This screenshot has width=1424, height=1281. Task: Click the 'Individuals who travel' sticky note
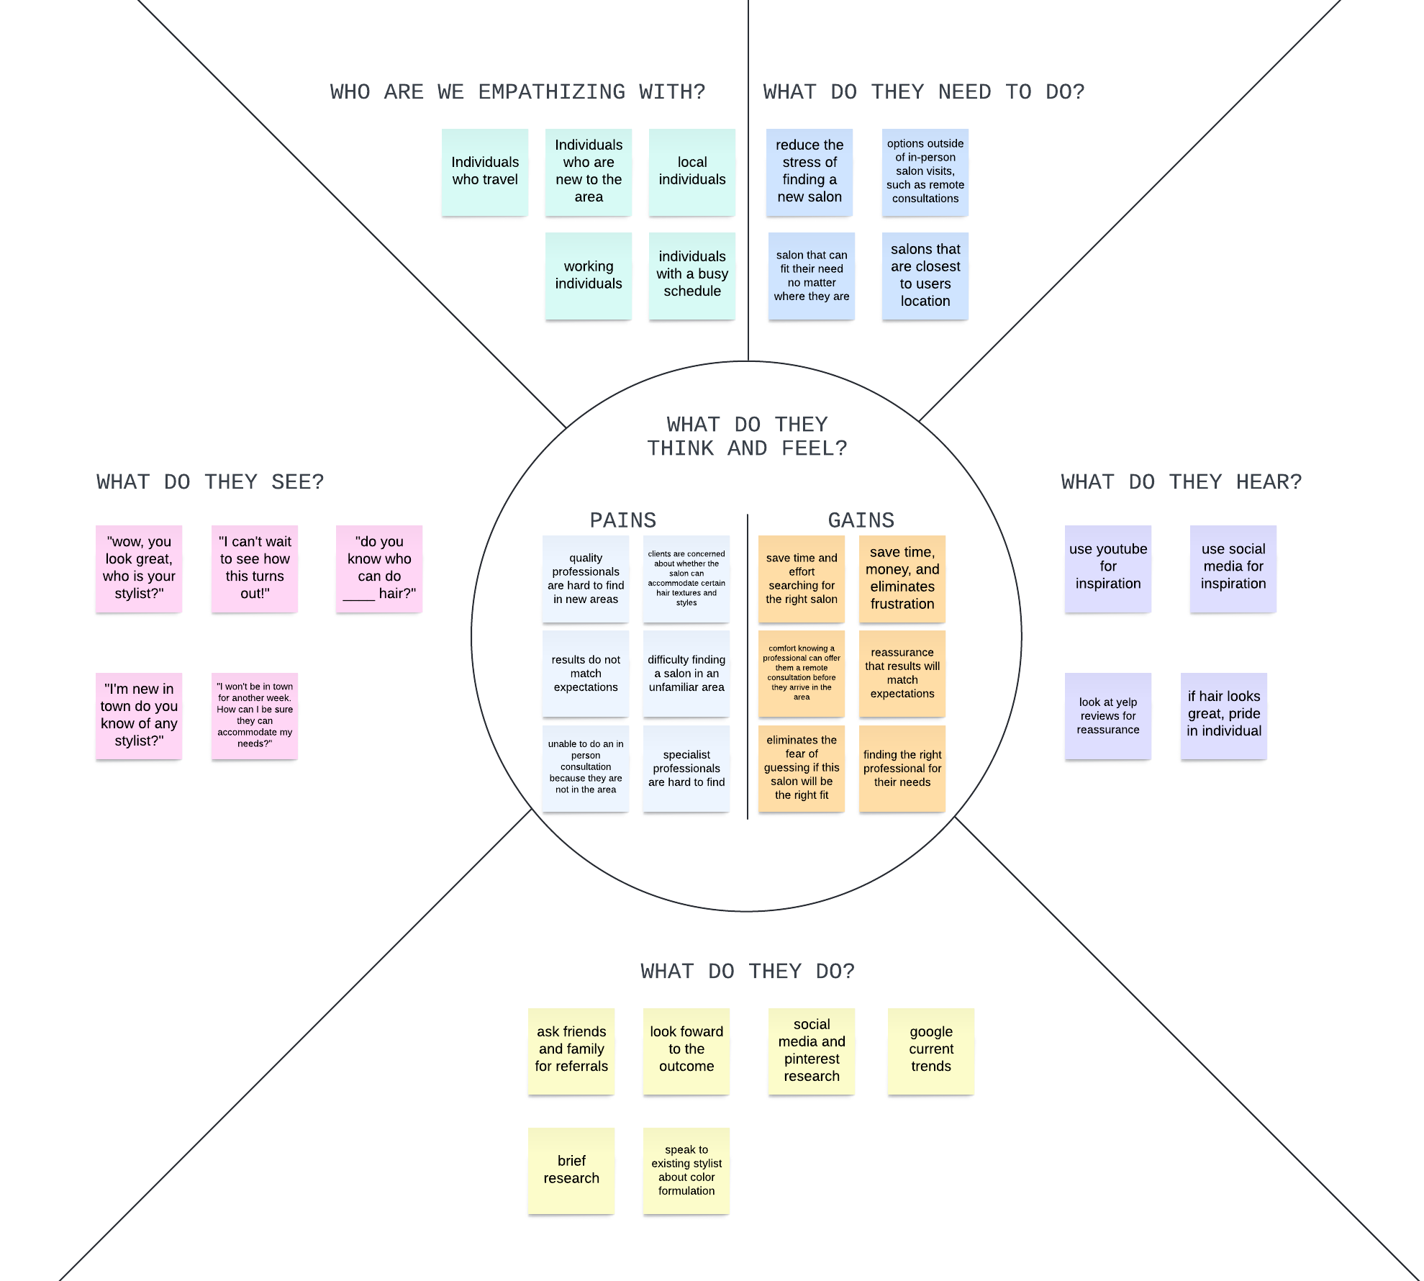484,171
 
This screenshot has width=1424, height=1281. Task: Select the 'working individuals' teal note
588,275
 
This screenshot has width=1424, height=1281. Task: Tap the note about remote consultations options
925,171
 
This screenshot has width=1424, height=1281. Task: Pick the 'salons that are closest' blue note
925,275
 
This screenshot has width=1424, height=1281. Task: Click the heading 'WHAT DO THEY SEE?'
210,481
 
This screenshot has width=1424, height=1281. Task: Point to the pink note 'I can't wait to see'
254,568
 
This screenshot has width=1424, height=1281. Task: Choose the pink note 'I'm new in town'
139,715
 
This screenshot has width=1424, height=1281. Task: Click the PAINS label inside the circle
622,520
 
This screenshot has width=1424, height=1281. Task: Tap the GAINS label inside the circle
861,520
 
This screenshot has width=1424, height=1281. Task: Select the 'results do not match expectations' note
585,673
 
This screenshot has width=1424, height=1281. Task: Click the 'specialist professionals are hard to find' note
686,768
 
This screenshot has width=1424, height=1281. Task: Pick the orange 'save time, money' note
902,578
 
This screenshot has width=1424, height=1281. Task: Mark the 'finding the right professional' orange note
902,768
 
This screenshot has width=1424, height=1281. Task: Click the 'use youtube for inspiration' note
1107,568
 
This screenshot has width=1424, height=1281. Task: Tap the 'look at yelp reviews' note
1107,715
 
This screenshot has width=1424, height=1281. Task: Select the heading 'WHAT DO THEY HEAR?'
1181,481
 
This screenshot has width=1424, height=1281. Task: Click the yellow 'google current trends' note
930,1050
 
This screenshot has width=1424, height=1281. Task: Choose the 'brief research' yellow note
571,1169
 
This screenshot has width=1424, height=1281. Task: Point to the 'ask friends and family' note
571,1050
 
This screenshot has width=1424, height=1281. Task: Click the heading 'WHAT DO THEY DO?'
748,971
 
